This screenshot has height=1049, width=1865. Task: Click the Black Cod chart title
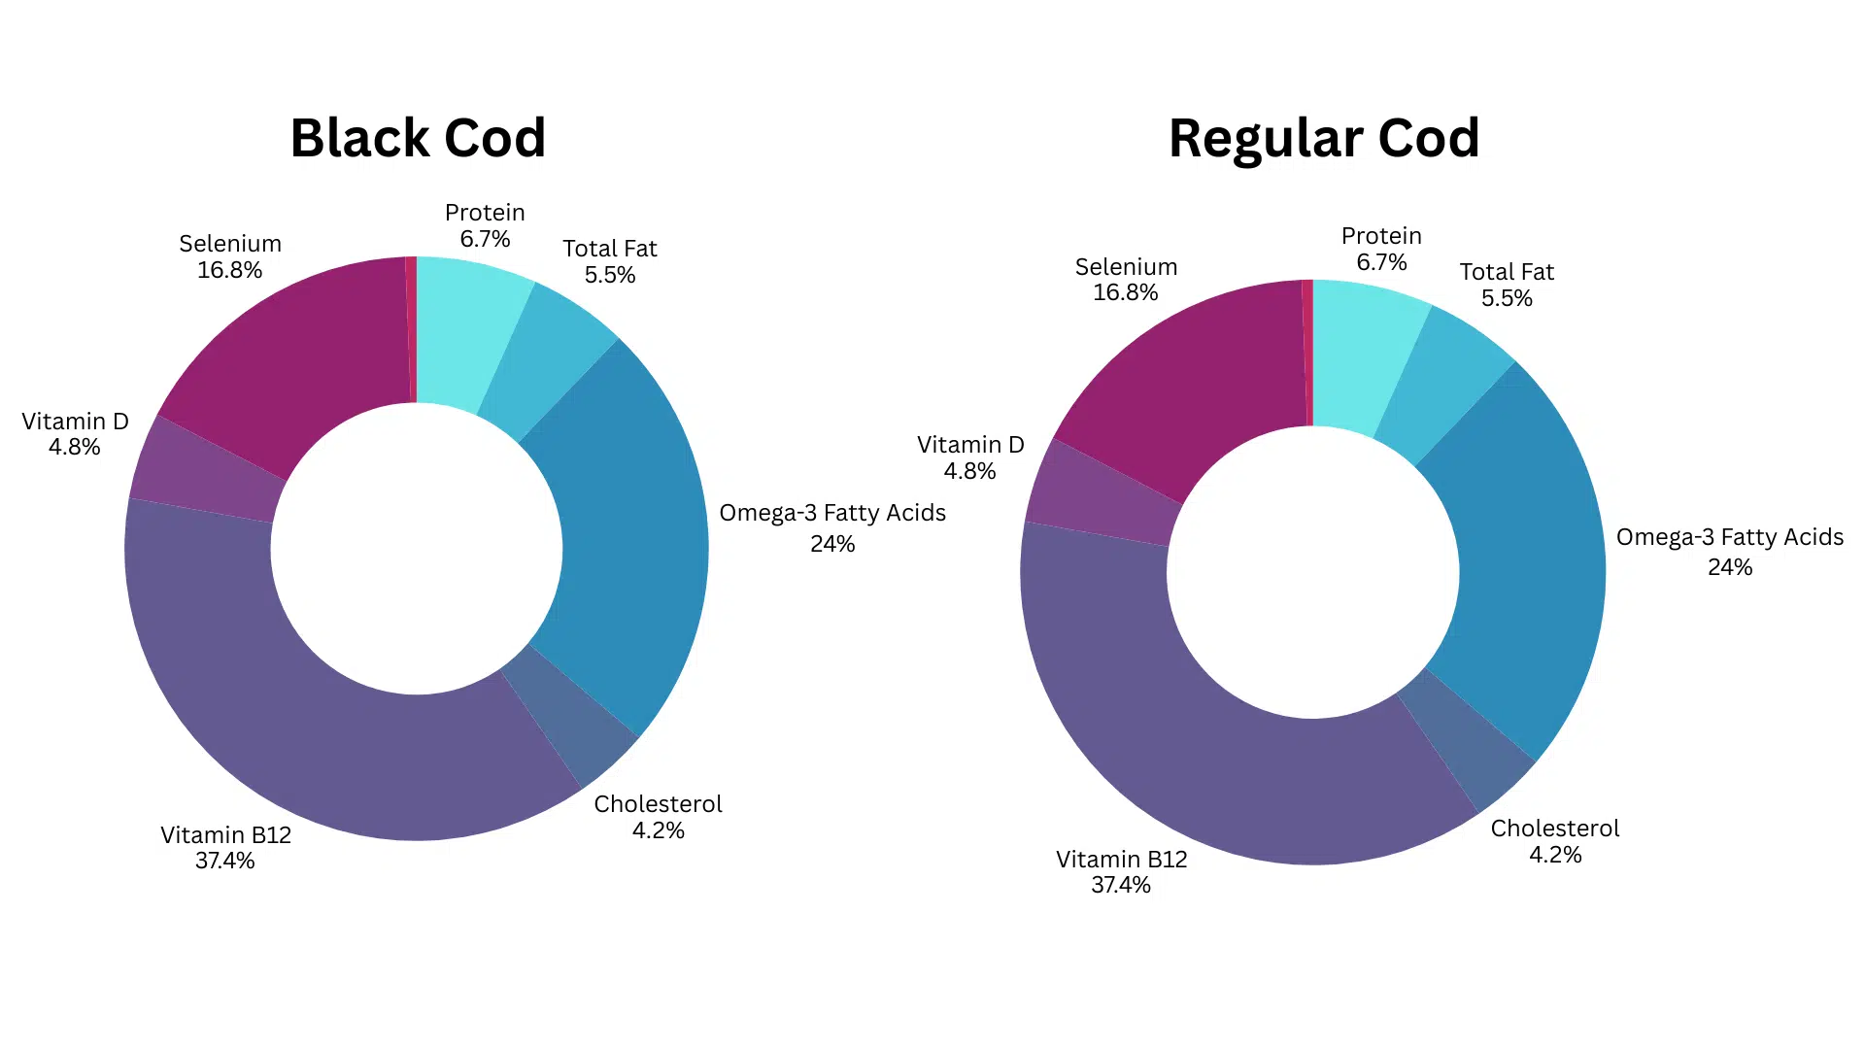(x=418, y=138)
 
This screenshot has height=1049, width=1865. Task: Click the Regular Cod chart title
(x=1323, y=138)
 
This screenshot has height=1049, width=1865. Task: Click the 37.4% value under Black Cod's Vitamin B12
(x=224, y=862)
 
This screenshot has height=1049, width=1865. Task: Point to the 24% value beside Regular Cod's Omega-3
(x=1730, y=567)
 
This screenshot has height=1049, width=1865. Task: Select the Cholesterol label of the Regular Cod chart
(x=1555, y=829)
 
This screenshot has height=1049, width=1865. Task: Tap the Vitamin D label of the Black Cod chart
(x=75, y=422)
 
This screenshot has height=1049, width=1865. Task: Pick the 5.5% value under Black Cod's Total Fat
(x=610, y=275)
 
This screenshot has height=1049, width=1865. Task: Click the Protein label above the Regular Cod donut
(x=1381, y=236)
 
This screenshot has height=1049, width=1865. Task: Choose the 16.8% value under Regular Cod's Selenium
(x=1125, y=292)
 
